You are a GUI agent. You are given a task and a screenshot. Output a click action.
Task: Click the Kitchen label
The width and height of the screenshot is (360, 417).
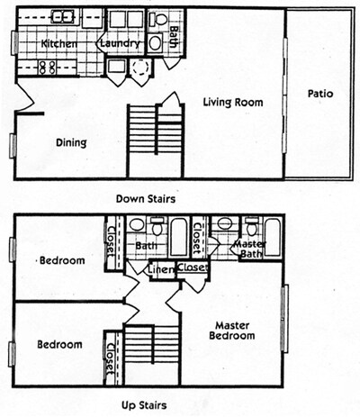click(x=58, y=43)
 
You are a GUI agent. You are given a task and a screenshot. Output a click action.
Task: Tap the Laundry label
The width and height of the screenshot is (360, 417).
click(x=120, y=43)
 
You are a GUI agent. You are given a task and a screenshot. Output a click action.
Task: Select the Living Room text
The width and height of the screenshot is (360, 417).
click(x=233, y=103)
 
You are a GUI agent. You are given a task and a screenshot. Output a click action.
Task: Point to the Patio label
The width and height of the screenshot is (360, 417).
click(x=320, y=94)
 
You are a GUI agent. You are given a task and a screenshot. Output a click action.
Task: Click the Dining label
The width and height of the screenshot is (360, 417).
click(x=71, y=142)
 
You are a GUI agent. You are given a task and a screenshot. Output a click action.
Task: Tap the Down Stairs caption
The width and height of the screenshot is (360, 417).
click(x=146, y=199)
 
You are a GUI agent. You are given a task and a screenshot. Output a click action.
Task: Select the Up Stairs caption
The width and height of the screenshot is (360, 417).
click(x=144, y=405)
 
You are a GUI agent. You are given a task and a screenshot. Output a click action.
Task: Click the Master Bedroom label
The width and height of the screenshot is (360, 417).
click(x=232, y=331)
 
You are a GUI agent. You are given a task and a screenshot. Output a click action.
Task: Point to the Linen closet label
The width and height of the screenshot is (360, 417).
click(x=161, y=269)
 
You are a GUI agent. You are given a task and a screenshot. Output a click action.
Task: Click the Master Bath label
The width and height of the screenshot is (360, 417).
click(x=250, y=249)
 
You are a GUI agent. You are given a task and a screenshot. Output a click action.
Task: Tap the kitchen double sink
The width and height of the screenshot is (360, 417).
click(x=62, y=16)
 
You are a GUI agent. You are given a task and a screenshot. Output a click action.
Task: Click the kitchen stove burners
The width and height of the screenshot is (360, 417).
click(x=48, y=68)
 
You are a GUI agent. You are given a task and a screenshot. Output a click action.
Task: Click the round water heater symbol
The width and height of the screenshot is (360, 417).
click(x=139, y=68)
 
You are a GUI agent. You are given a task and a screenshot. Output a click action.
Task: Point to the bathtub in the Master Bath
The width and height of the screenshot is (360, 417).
click(x=273, y=237)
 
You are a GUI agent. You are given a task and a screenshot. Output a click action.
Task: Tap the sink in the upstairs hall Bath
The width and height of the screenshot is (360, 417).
click(x=137, y=224)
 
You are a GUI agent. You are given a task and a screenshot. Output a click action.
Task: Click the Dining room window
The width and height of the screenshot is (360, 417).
click(x=13, y=146)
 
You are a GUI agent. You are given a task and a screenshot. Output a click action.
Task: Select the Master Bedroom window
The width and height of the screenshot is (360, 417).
click(x=284, y=318)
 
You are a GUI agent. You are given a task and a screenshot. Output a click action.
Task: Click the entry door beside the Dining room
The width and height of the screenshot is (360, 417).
click(x=24, y=95)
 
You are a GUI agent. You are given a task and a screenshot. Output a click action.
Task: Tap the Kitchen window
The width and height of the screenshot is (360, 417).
click(x=14, y=42)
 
